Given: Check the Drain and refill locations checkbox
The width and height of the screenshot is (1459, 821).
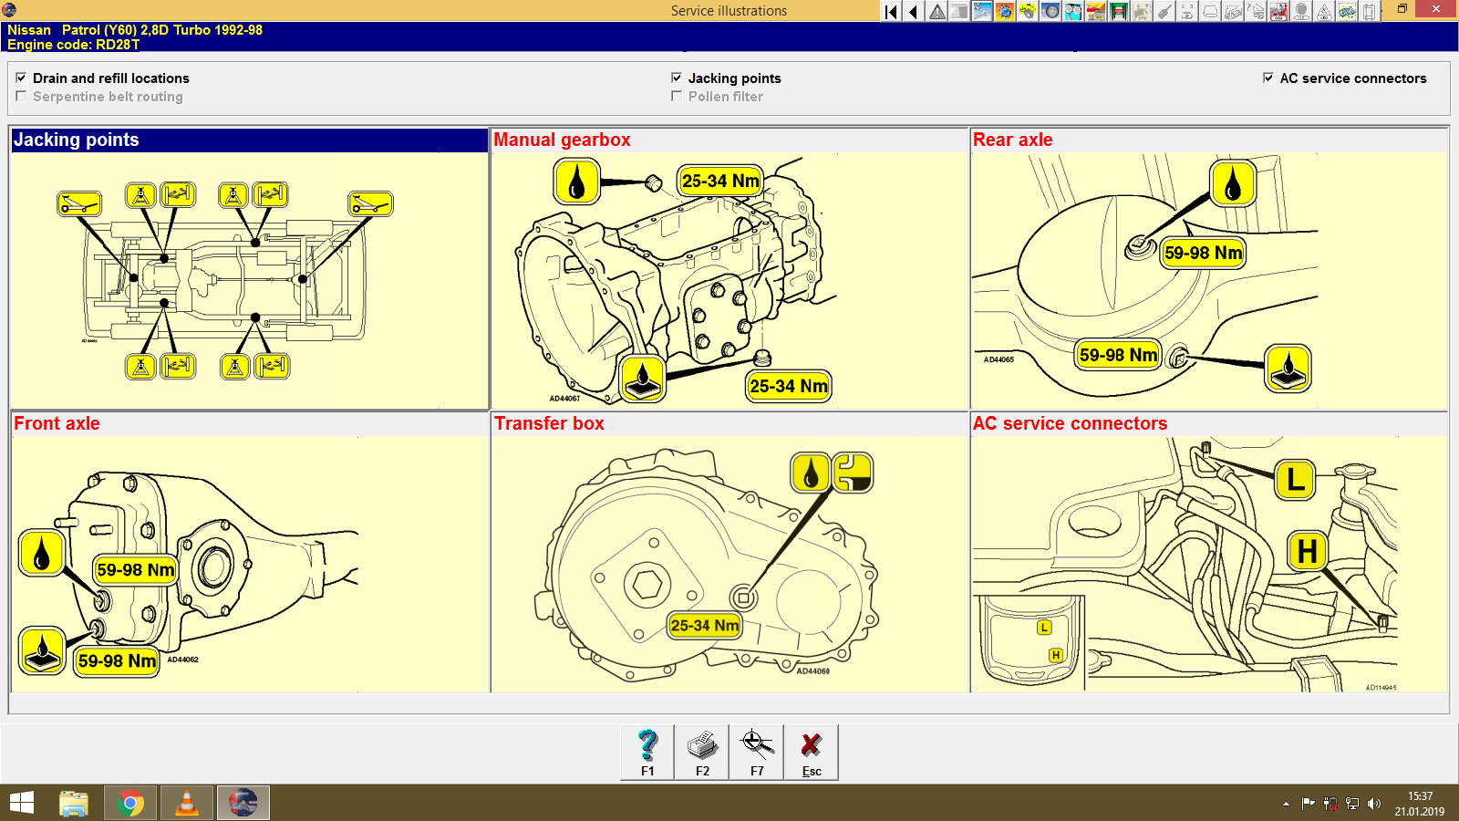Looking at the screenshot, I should tap(21, 78).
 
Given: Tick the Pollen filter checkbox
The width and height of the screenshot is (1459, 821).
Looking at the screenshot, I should tap(677, 96).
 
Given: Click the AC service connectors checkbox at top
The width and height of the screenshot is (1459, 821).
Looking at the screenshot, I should tap(1268, 78).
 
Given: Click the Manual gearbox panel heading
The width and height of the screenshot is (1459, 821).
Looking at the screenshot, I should tap(562, 140).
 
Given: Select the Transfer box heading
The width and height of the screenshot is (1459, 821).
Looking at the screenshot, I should tap(549, 423).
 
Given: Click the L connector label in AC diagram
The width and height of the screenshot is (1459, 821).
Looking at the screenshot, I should tap(1295, 480).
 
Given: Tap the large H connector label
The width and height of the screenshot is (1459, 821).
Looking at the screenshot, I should tap(1307, 551).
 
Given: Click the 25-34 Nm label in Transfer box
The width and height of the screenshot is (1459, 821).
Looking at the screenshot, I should tap(704, 625).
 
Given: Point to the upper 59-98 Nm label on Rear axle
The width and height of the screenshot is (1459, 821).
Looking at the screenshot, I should tap(1203, 253).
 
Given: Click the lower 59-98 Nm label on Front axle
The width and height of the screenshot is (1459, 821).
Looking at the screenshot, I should tap(117, 660).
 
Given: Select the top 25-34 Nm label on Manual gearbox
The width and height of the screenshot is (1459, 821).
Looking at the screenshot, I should tap(720, 181).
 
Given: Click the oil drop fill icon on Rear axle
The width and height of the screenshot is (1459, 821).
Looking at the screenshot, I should tap(1233, 183).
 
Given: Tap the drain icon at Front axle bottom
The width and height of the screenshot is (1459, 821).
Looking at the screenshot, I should tap(42, 650).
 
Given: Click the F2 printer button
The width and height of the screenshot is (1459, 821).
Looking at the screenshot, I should tap(702, 752).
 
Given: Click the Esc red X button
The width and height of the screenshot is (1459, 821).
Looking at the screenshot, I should tap(812, 752).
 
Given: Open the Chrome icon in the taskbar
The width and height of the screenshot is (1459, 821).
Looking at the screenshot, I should tap(130, 803).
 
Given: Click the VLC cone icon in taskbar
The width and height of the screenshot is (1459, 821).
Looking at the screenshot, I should tap(187, 803).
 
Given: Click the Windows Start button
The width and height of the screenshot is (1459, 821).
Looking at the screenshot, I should tap(22, 803).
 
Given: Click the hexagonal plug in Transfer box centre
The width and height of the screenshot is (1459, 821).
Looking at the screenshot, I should tap(647, 584).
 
